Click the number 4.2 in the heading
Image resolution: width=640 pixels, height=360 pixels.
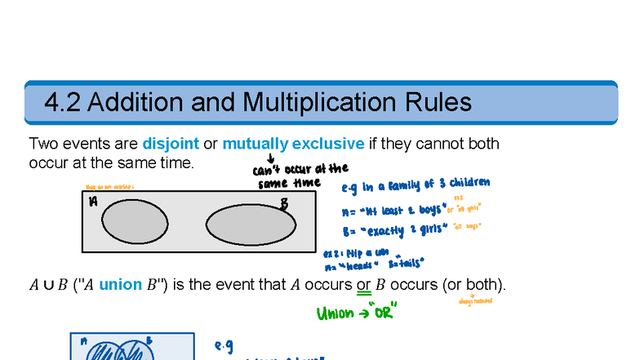61,103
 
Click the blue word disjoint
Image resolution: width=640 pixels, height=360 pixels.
171,144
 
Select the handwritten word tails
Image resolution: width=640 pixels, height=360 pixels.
407,264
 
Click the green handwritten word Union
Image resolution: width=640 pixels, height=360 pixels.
336,313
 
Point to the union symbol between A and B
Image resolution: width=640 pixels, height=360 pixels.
49,286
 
